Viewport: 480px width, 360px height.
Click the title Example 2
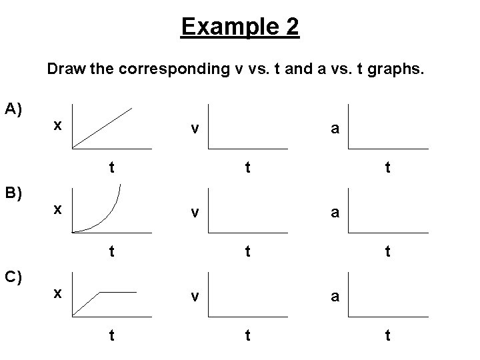[x=240, y=27]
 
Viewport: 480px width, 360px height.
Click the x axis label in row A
[x=59, y=125]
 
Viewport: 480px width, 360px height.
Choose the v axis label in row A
[x=193, y=128]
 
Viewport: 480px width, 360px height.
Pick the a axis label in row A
[x=335, y=129]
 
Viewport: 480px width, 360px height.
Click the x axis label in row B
[x=59, y=209]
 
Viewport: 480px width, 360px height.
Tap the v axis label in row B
[x=193, y=212]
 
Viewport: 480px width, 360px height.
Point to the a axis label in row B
[x=335, y=213]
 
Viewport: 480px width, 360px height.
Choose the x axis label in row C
[x=59, y=293]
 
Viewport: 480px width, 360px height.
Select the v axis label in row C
[x=193, y=297]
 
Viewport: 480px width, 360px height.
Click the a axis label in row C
[x=335, y=297]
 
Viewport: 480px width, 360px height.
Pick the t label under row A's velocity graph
[x=247, y=169]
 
